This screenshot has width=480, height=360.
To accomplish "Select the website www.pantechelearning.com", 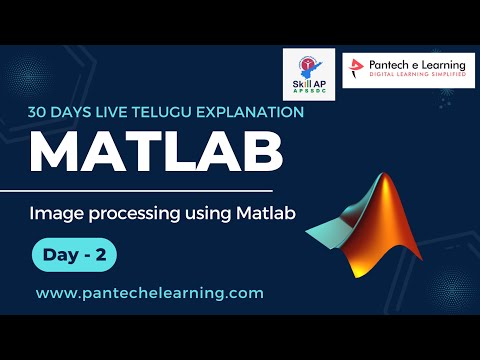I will click(x=150, y=293).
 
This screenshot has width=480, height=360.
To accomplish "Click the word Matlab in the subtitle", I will click(x=267, y=212).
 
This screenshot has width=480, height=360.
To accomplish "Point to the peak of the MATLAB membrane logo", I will click(x=383, y=178).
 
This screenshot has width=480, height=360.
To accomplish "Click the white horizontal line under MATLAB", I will click(x=150, y=189).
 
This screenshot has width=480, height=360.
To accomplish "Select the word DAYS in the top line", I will click(x=78, y=112).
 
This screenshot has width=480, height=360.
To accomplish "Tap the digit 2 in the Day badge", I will click(x=101, y=255).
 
